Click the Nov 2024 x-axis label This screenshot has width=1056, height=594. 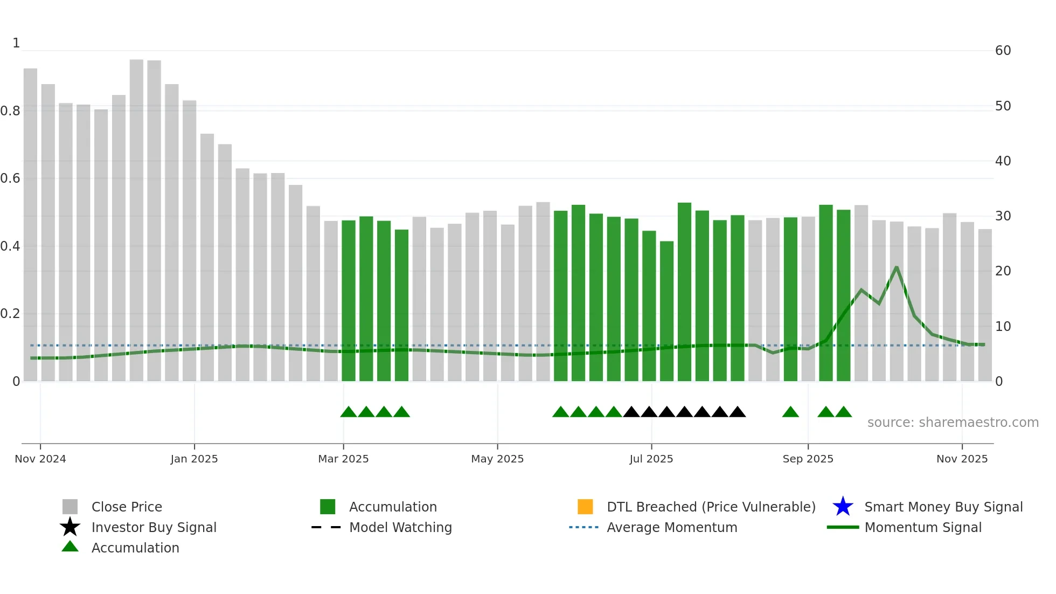point(40,459)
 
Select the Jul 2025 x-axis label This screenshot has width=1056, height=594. point(651,459)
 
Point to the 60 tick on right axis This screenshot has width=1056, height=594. point(1003,51)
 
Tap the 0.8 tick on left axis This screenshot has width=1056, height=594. point(11,111)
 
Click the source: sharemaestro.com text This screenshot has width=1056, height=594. point(953,423)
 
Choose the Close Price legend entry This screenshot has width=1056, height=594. point(126,507)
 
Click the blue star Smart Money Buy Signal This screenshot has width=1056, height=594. point(843,507)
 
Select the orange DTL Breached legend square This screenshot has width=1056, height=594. point(585,507)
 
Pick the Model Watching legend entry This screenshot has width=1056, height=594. point(400,527)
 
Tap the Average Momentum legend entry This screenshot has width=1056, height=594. point(671,527)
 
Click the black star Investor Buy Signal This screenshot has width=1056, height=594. point(70,527)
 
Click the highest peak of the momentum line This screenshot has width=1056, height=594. point(897,267)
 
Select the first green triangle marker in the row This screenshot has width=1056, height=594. point(349,412)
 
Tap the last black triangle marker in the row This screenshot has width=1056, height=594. point(738,412)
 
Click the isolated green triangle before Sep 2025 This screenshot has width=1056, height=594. point(790,412)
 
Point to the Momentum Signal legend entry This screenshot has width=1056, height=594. point(922,527)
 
